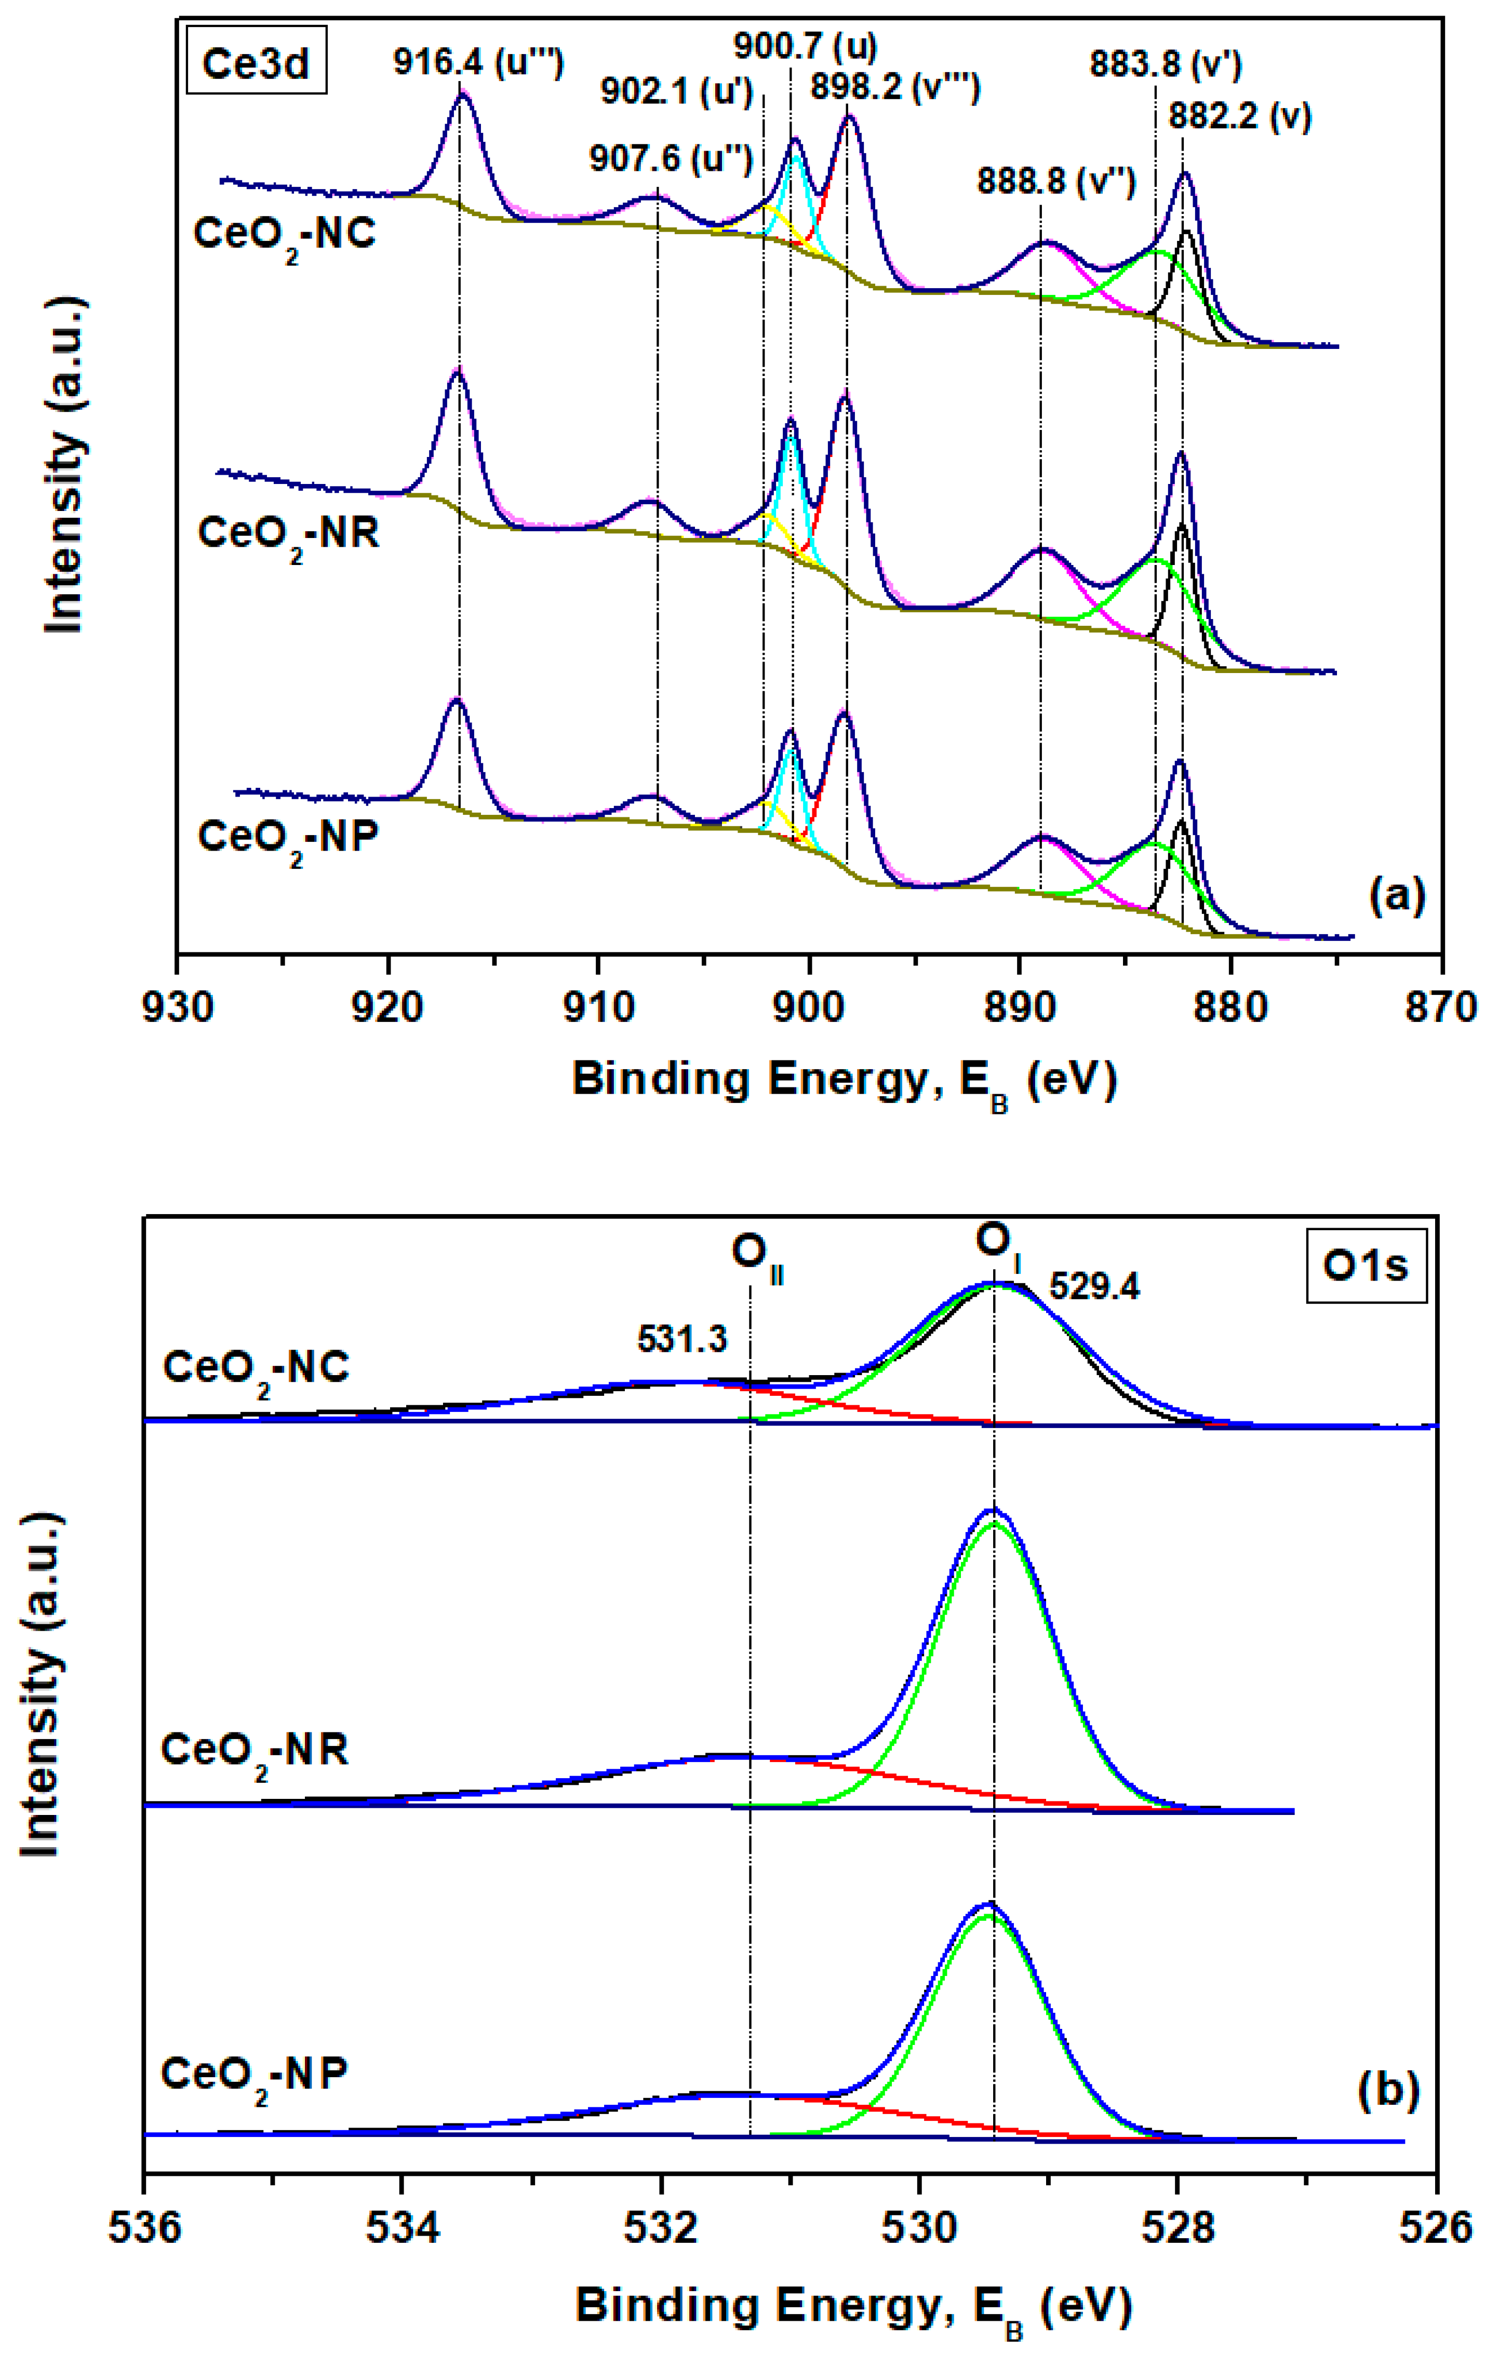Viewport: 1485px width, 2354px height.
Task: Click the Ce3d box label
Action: click(256, 64)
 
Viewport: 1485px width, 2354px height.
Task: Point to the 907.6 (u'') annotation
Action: click(671, 158)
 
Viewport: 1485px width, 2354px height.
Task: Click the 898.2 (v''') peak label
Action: click(894, 88)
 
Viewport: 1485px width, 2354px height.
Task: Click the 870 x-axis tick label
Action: click(1442, 1006)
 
